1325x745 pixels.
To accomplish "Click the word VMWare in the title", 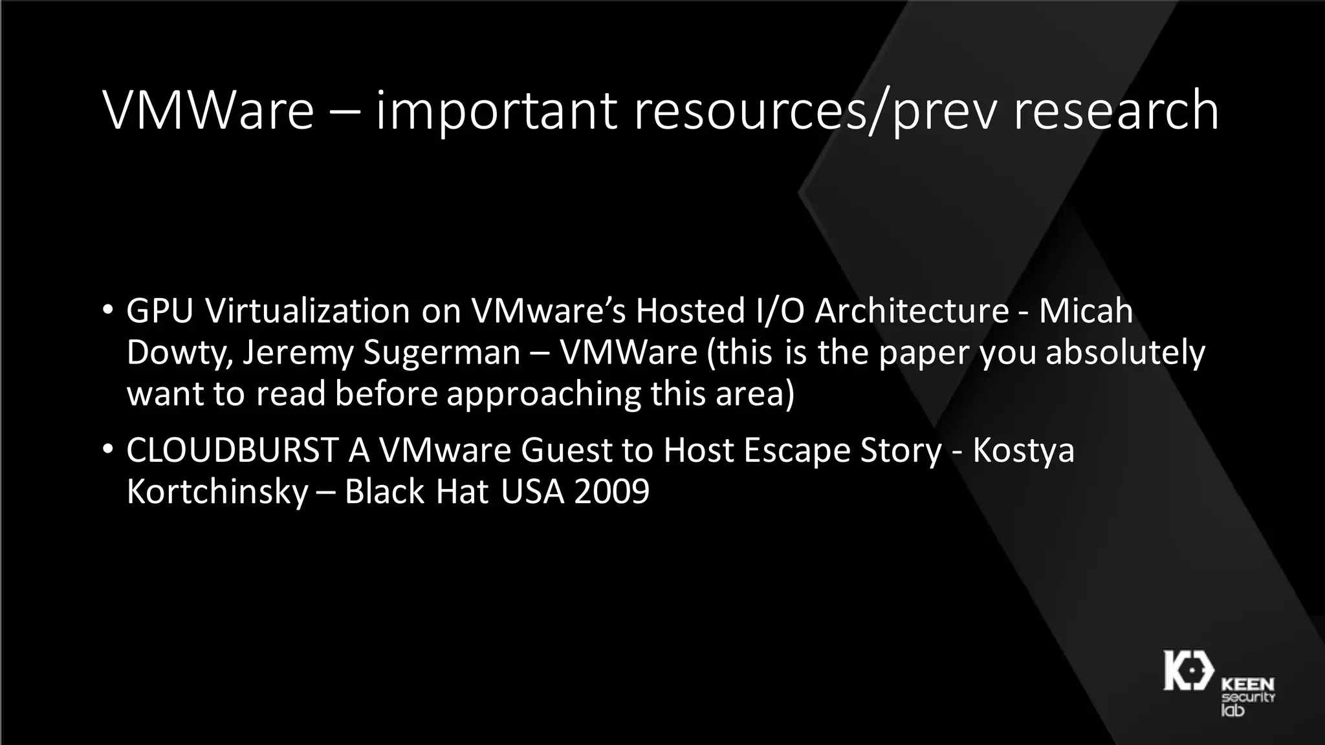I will click(x=208, y=111).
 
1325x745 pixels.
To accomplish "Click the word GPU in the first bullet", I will click(x=160, y=311).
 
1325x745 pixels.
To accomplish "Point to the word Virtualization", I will click(x=307, y=311).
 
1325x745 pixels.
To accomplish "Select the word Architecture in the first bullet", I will click(x=912, y=311).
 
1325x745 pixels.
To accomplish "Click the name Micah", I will click(x=1086, y=311).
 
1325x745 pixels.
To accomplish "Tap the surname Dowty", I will click(x=176, y=353).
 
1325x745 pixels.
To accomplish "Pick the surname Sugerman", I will click(x=442, y=353).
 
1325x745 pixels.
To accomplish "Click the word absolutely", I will click(x=1125, y=353).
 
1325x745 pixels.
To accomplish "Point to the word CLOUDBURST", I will click(x=232, y=450).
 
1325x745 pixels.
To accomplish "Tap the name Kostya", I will click(x=1023, y=450).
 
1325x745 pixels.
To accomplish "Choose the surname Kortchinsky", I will click(x=217, y=491).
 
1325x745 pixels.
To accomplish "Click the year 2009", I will click(x=611, y=491).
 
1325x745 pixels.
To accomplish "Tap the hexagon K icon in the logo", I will click(x=1188, y=670).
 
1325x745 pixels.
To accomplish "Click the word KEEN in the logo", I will click(x=1247, y=684).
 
